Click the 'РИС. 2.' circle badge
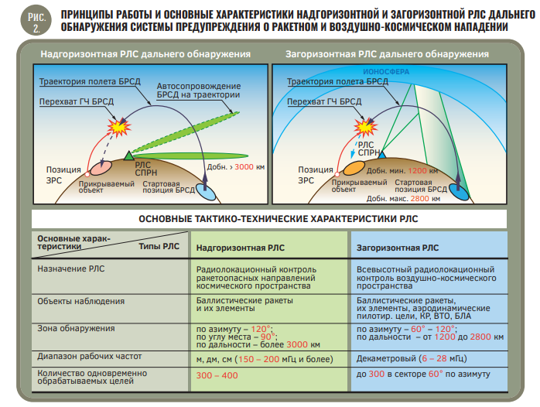point(36,20)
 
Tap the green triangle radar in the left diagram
point(128,156)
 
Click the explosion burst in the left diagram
point(119,127)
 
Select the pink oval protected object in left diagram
point(101,168)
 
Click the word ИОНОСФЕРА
point(386,72)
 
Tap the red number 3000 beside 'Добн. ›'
point(244,166)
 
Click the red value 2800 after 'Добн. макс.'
point(420,199)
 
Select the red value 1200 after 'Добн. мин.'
point(418,171)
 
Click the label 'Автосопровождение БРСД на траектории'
point(198,91)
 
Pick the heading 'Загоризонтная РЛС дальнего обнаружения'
point(387,54)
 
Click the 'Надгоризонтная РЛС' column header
point(241,248)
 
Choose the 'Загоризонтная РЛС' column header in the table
point(398,248)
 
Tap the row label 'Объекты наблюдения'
point(81,301)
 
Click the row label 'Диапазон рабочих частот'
point(90,357)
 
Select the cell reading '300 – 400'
point(217,375)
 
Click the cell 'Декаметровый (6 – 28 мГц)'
point(412,359)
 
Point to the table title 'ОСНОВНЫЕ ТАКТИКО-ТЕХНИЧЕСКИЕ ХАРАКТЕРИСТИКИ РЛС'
point(279,219)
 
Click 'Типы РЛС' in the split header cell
point(159,247)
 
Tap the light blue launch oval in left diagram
point(206,192)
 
